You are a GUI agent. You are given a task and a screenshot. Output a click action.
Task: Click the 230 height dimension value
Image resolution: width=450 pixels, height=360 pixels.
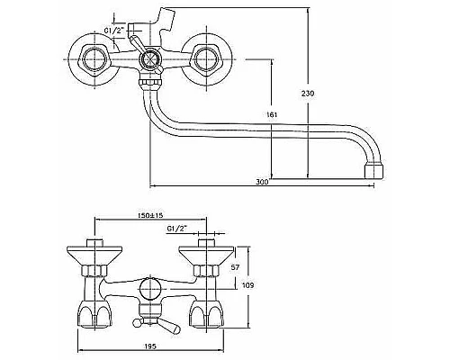tap(308, 94)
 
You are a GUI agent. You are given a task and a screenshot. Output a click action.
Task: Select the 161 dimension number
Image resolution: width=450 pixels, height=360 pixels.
tap(272, 114)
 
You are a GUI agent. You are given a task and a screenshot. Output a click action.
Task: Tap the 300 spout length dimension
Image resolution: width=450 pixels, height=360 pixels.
tap(262, 182)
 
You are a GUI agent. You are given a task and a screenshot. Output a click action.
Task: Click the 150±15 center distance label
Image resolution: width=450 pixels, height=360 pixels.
tap(150, 215)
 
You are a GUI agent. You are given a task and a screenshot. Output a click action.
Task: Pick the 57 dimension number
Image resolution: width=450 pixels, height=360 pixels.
tap(236, 267)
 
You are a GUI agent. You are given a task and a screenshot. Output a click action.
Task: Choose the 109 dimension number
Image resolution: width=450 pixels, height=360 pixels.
tap(247, 285)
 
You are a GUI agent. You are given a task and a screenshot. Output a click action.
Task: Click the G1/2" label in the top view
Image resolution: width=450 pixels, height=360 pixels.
tap(114, 31)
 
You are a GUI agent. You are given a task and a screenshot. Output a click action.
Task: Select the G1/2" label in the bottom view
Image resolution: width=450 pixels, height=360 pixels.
tap(176, 229)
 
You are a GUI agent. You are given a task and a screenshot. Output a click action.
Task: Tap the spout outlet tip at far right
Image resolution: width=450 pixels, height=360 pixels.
tap(374, 171)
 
